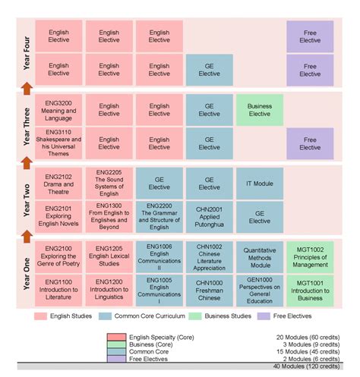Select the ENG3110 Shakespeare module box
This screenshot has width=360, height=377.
tap(58, 143)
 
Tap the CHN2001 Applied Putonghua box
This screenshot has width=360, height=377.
tap(209, 215)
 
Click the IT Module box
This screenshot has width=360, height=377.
tap(259, 184)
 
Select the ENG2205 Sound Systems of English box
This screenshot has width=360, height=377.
tap(109, 184)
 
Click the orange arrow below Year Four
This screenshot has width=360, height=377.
tap(27, 90)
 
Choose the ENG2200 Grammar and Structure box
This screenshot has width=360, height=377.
tap(159, 215)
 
